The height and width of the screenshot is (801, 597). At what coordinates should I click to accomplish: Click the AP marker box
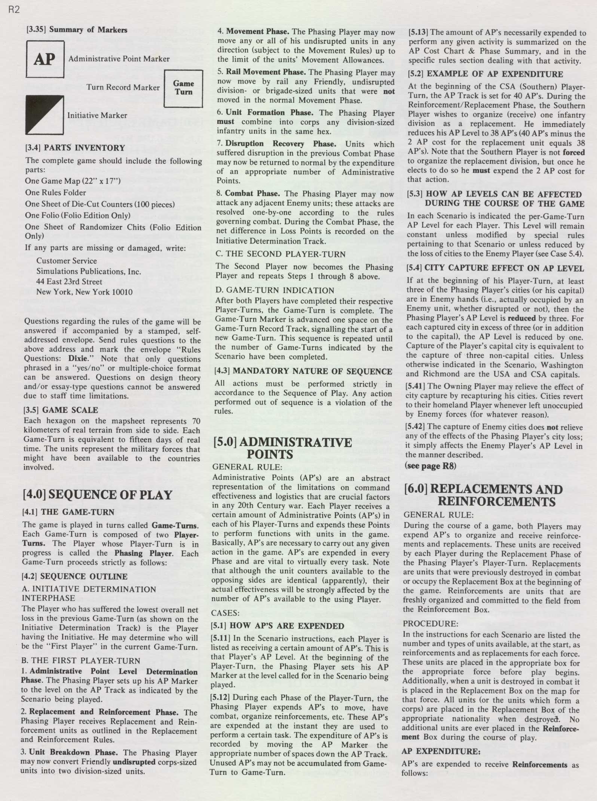45,59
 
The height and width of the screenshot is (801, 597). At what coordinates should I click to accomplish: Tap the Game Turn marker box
183,88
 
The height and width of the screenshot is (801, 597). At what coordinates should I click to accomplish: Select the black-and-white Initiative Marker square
44,115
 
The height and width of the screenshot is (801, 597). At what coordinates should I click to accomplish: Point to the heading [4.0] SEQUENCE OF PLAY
97,495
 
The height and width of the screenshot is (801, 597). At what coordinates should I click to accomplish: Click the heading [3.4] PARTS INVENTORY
75,148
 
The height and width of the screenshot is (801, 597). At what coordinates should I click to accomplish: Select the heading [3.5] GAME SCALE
61,410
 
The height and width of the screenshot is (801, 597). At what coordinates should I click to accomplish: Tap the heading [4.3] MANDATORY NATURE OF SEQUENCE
303,371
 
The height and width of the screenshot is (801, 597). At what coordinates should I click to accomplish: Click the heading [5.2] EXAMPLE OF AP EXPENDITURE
485,74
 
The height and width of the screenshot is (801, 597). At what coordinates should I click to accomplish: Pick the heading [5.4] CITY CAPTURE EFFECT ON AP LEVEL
495,268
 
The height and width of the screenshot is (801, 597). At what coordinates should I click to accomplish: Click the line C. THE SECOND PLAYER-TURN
280,254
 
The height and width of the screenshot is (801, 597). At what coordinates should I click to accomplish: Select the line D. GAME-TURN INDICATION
275,290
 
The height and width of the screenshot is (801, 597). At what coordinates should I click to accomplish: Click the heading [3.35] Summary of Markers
77,30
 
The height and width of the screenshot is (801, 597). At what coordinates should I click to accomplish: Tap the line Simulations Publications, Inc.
89,271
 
